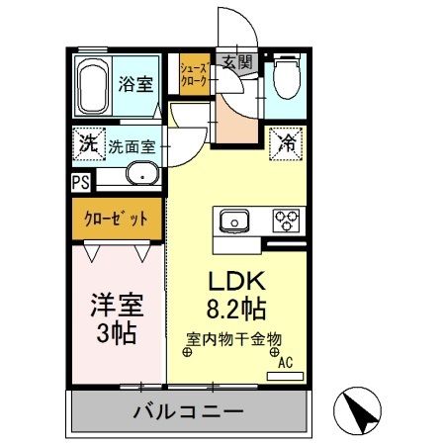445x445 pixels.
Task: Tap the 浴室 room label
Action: (x=136, y=84)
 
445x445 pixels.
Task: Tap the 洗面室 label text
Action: (x=132, y=144)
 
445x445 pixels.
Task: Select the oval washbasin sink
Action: (x=141, y=178)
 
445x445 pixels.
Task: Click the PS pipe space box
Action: (x=80, y=182)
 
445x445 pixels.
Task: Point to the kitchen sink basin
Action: (x=235, y=220)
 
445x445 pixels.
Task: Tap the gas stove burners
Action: (x=286, y=219)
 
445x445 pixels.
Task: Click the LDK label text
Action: (x=233, y=281)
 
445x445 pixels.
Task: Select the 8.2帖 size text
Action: (x=233, y=308)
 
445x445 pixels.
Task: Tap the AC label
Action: (x=285, y=362)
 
